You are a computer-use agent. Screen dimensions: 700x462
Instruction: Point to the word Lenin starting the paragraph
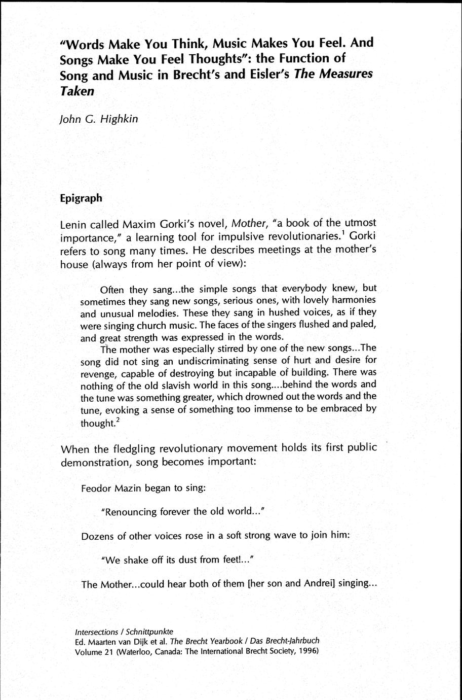[75, 224]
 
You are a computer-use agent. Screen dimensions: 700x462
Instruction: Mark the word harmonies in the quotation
[355, 301]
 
